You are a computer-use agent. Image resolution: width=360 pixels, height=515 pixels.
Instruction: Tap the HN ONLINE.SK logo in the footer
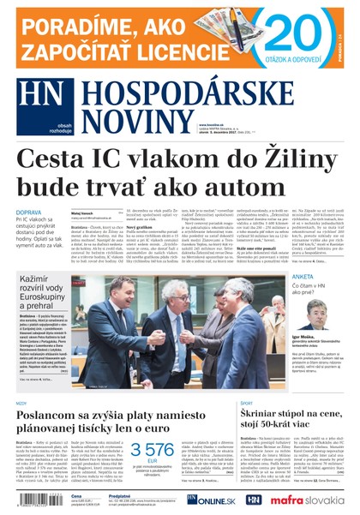[x=201, y=499]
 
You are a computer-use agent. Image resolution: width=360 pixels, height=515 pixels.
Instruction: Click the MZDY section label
[x=21, y=401]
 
